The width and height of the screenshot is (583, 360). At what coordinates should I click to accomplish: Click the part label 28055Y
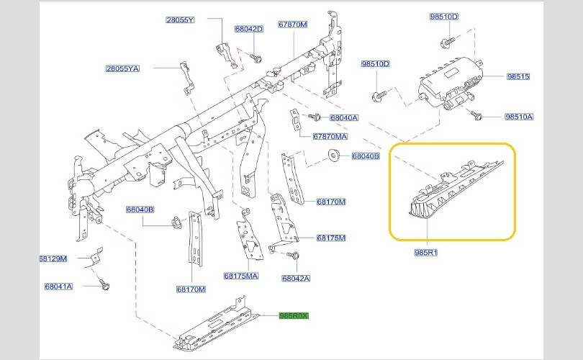pyautogui.click(x=180, y=20)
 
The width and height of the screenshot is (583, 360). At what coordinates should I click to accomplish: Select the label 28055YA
pyautogui.click(x=122, y=68)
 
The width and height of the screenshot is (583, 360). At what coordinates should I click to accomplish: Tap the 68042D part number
pyautogui.click(x=248, y=30)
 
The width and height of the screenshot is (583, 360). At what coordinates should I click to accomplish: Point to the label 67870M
pyautogui.click(x=293, y=24)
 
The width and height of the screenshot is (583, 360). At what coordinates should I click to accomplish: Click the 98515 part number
pyautogui.click(x=518, y=76)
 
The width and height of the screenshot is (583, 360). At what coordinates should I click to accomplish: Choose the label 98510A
pyautogui.click(x=519, y=116)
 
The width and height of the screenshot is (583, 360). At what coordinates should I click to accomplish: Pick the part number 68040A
pyautogui.click(x=343, y=117)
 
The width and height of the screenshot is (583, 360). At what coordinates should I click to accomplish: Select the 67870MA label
pyautogui.click(x=330, y=136)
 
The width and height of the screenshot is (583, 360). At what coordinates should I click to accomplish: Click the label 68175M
pyautogui.click(x=331, y=238)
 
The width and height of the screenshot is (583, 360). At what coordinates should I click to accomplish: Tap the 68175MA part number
pyautogui.click(x=240, y=276)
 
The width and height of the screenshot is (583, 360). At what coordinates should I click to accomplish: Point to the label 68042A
pyautogui.click(x=295, y=279)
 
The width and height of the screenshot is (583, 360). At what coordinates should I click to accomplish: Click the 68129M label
pyautogui.click(x=53, y=258)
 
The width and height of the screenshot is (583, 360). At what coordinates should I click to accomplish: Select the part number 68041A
pyautogui.click(x=58, y=287)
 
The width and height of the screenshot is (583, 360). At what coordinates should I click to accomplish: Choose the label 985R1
pyautogui.click(x=425, y=253)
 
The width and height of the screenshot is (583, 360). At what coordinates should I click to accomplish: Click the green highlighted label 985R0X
pyautogui.click(x=293, y=315)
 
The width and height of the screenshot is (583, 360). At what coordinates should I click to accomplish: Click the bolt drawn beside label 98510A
pyautogui.click(x=476, y=114)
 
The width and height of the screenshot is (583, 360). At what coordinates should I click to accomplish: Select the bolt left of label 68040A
pyautogui.click(x=314, y=116)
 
